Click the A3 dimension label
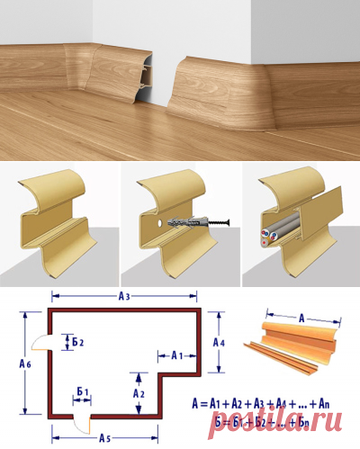point(124,297)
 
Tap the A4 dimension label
point(219,343)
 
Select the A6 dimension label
point(25,364)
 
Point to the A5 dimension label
point(104,439)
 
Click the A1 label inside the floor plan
point(177,356)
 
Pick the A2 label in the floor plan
point(139,393)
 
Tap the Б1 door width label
point(83,391)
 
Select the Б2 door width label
point(78,342)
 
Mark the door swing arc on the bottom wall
point(78,427)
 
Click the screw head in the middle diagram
point(228,222)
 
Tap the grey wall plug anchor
point(187,223)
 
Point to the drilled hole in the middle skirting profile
point(160,223)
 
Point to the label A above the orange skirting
point(301,318)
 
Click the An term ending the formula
point(324,404)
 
